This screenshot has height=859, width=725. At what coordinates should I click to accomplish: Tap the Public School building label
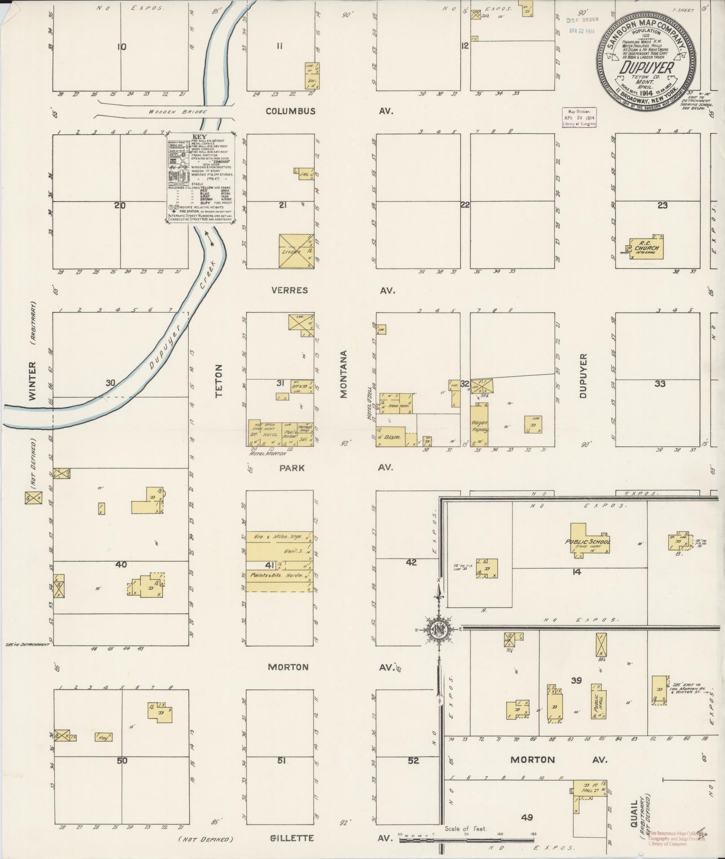click(x=587, y=542)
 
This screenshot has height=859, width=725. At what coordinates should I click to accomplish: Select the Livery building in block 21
click(x=291, y=252)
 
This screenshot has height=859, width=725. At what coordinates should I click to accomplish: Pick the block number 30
click(x=111, y=383)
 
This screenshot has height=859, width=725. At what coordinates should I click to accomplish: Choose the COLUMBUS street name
click(x=290, y=111)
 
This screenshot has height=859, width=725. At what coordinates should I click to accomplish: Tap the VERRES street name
click(x=290, y=290)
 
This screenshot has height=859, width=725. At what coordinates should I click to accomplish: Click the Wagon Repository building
click(x=479, y=426)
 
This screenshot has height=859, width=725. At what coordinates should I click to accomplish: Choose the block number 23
click(x=662, y=205)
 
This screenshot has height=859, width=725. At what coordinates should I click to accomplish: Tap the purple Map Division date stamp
click(x=579, y=118)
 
